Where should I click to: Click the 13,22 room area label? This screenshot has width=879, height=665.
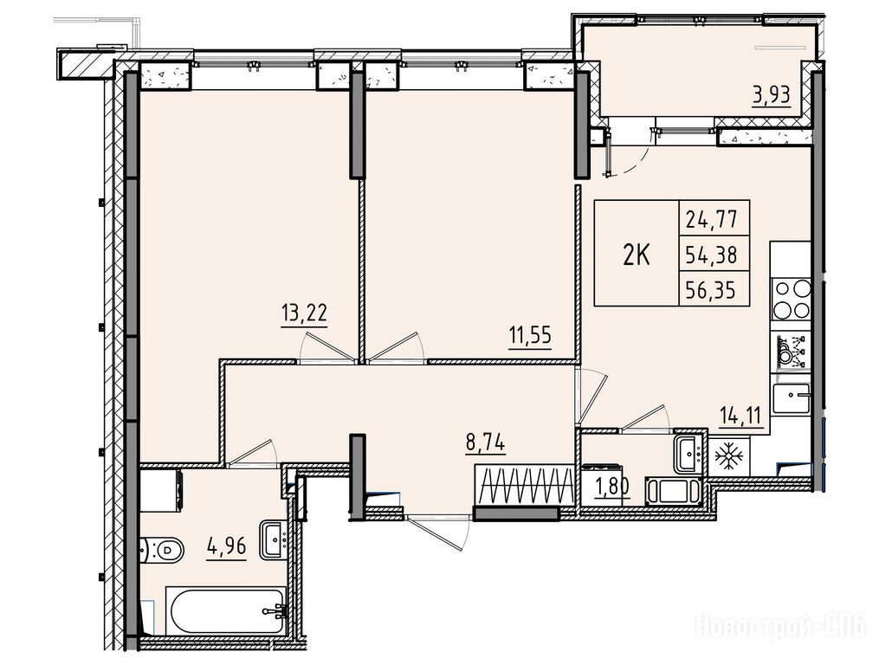(304, 313)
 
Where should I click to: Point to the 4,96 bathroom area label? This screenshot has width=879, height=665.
(226, 545)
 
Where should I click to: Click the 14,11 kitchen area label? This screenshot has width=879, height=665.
(741, 416)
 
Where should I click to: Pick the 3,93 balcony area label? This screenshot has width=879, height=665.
(772, 95)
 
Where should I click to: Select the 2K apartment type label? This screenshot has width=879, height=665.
(637, 255)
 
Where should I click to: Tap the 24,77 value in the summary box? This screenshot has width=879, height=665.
(711, 219)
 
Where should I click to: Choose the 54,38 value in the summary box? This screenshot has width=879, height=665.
(711, 255)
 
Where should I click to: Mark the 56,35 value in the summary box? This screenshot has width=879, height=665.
(711, 290)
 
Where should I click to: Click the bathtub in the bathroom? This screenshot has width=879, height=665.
(227, 610)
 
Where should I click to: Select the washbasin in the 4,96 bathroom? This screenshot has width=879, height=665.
(273, 539)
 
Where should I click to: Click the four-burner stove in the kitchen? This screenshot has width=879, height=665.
(792, 299)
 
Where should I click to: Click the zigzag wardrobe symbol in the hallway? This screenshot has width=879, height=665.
(525, 485)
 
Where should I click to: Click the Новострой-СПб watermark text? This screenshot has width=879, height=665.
(779, 625)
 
